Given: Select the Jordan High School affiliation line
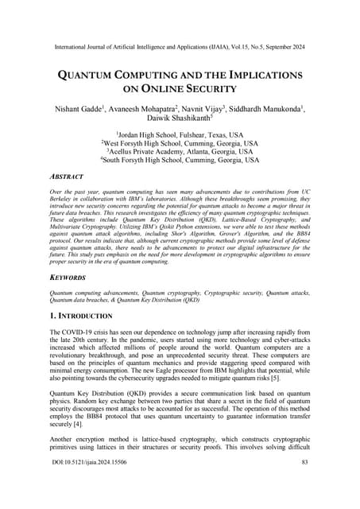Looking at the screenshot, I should [x=180, y=136].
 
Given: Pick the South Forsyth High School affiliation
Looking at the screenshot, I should [x=180, y=159].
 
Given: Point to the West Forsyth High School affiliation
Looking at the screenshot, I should [x=180, y=142].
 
